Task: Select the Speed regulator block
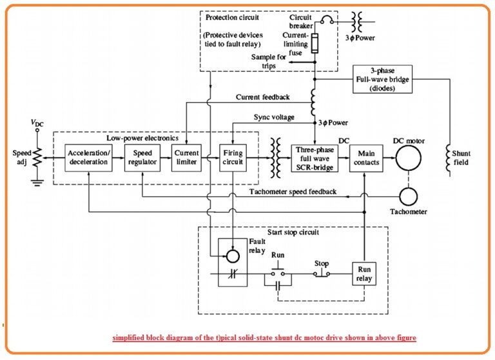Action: [141, 157]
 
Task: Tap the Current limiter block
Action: [186, 157]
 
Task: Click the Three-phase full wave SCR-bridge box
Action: [314, 157]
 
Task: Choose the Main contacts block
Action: [365, 157]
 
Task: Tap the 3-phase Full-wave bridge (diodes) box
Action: [382, 79]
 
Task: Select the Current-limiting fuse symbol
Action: [315, 44]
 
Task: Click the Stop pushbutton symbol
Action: [321, 274]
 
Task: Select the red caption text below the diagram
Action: [264, 337]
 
